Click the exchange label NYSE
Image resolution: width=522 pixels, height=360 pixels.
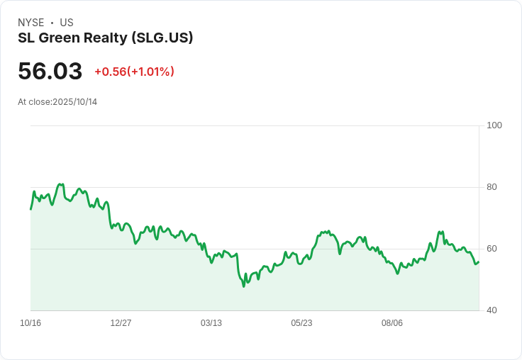[30, 23]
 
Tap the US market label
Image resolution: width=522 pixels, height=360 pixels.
[67, 23]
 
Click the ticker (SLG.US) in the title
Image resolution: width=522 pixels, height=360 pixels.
[162, 38]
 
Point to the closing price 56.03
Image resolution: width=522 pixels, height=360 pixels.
[50, 71]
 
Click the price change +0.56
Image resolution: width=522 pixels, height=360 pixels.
[110, 72]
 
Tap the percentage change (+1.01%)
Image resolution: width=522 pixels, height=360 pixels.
[151, 72]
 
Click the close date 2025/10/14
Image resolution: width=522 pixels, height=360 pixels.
[75, 102]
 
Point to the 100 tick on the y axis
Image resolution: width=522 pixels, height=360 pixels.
[494, 125]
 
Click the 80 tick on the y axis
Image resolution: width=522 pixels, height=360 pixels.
[492, 187]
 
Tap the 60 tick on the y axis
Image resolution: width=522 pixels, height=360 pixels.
[492, 249]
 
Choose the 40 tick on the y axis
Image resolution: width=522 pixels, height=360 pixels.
[492, 310]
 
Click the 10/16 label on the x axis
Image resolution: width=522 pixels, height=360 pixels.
[30, 323]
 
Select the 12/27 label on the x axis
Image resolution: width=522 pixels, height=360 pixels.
[121, 323]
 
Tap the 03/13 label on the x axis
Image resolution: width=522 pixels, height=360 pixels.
[211, 323]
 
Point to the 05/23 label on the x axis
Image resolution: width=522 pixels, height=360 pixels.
[301, 323]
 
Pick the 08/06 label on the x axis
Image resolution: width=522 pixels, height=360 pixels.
[392, 323]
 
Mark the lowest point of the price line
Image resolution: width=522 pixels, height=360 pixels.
[243, 286]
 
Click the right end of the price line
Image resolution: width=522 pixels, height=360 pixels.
[479, 262]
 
